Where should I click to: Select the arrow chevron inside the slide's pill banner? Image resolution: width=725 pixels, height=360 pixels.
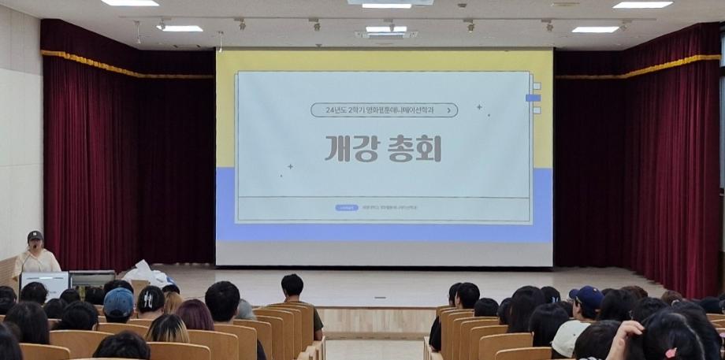449,110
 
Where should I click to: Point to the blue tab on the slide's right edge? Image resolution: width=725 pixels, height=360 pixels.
533,98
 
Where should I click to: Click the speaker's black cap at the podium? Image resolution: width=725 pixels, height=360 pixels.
35,235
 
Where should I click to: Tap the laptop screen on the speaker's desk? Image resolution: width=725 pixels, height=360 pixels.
44,282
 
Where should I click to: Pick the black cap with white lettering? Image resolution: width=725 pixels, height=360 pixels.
151,299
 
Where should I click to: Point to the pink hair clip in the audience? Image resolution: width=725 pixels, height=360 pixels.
671,352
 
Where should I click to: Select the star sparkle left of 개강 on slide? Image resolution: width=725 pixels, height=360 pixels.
289,166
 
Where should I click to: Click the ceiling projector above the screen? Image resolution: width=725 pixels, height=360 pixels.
385,33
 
